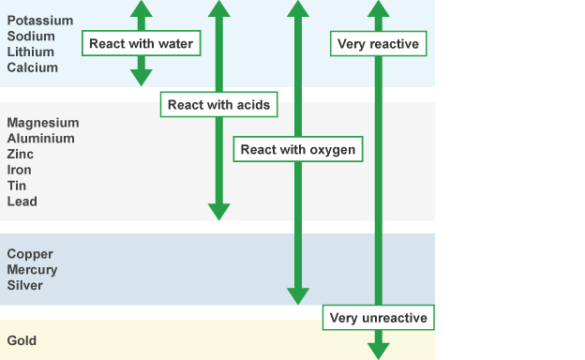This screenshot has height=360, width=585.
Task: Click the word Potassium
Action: tap(39, 21)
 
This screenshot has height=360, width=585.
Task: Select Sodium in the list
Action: tap(31, 37)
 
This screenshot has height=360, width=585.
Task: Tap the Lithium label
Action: tap(30, 52)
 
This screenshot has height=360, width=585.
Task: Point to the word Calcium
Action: tap(32, 67)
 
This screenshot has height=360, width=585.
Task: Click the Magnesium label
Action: tap(43, 123)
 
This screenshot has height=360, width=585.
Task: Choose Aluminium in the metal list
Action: tap(41, 139)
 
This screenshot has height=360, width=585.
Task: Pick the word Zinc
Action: tap(21, 154)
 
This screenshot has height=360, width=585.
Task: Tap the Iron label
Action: tap(20, 170)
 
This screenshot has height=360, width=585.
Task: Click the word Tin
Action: tap(17, 186)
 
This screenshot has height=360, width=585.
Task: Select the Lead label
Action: tap(22, 202)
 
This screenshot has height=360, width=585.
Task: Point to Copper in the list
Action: tap(30, 254)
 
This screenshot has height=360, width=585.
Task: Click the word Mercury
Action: tap(32, 270)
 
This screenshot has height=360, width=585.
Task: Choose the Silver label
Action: tap(24, 285)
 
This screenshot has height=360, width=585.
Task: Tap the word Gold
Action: tap(22, 341)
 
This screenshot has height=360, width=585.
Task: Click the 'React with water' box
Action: tap(141, 43)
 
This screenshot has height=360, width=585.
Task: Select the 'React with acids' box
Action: tap(218, 105)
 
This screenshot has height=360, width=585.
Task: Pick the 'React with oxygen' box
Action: tap(297, 149)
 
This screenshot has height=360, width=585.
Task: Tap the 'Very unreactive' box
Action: tap(378, 318)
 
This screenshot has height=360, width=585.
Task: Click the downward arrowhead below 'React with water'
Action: tap(141, 77)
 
